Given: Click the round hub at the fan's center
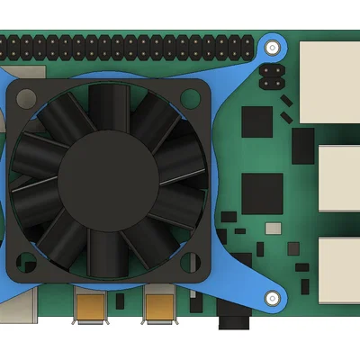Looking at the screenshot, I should point(107,175).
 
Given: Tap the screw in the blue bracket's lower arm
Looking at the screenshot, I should point(270,298).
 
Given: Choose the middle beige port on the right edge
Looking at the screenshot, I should point(338,178).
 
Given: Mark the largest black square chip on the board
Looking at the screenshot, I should point(262,193).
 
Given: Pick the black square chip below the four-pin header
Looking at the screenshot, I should point(256,121).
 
